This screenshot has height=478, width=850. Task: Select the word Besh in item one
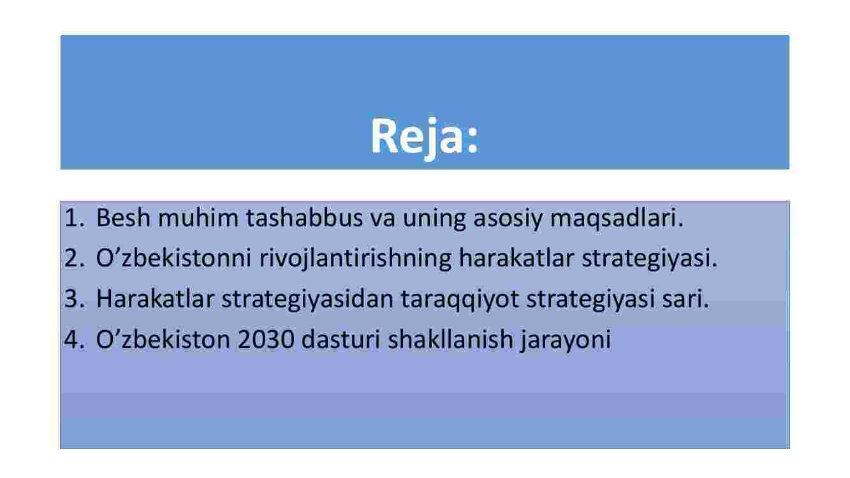coord(123,218)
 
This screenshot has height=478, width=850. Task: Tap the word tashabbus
coord(304,218)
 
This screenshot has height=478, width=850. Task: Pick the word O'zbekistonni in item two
coord(173,258)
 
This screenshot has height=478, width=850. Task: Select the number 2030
coord(266,340)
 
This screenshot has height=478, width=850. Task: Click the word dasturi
coord(341,339)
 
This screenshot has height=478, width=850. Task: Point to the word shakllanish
coord(450,339)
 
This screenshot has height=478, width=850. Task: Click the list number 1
coord(75,218)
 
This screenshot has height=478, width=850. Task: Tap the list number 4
coord(75,339)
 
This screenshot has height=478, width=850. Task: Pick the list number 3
coord(75,298)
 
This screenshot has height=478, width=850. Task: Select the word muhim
coord(198,218)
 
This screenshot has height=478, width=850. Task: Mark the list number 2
coord(75,258)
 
